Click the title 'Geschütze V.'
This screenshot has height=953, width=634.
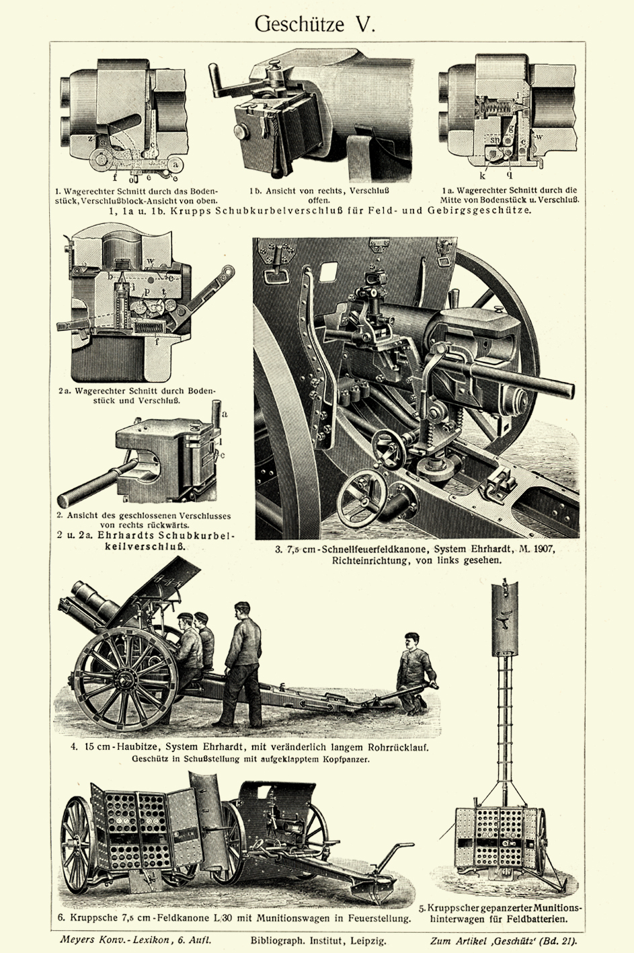[x=315, y=25]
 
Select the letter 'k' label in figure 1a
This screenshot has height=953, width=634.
[x=483, y=175]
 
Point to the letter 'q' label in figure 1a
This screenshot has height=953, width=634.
[x=510, y=175]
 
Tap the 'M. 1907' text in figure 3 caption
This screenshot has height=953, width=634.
[x=536, y=549]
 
